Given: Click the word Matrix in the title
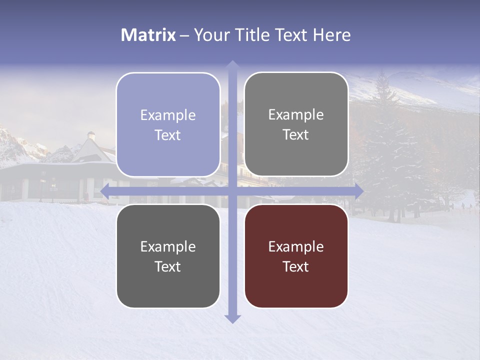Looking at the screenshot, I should [x=148, y=35].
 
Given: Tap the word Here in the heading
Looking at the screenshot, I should [x=331, y=35].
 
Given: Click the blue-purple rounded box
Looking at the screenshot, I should [x=168, y=124].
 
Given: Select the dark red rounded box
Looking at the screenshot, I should [x=296, y=256].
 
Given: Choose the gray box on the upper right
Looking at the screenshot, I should [x=296, y=124].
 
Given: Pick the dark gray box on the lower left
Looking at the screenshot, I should [x=168, y=256].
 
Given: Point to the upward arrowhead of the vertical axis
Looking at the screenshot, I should [x=232, y=64].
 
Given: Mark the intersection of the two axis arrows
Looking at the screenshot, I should [x=232, y=191].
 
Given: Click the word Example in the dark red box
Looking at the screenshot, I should [x=296, y=246].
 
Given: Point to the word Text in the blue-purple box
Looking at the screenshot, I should [x=168, y=135].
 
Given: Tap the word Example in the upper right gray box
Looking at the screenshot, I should [x=296, y=114].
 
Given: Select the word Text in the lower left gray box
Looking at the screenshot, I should [x=168, y=266].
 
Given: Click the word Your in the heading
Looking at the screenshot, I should [x=209, y=35].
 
